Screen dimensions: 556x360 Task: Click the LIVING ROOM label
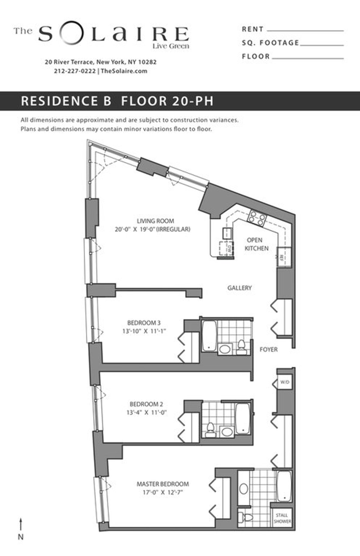point(155,221)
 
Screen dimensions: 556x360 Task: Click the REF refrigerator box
point(283,257)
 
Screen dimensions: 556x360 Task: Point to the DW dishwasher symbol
point(226,248)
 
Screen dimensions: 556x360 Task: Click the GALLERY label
point(239,288)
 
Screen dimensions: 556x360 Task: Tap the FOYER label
point(268,349)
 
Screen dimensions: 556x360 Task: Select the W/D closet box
point(284,382)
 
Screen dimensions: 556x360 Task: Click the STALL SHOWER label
point(282,518)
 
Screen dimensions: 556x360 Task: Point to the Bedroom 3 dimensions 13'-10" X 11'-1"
point(144,331)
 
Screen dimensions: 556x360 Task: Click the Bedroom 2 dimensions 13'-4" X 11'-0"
point(146,413)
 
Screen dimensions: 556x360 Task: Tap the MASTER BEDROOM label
point(163,484)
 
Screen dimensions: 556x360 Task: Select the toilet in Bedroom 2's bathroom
point(210,429)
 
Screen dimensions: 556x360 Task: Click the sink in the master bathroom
point(244,489)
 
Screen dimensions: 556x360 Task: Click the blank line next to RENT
point(305,30)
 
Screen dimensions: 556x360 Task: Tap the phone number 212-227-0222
point(75,71)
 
